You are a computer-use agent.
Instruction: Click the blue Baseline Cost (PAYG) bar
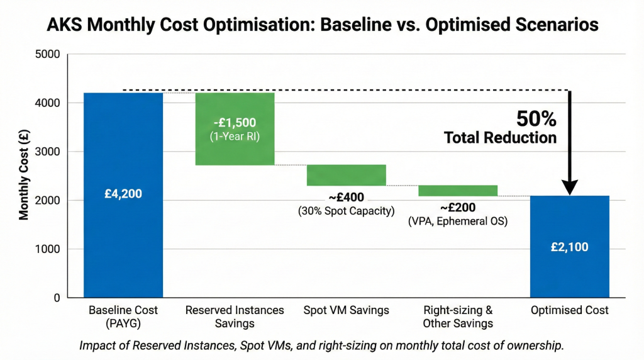(123, 239)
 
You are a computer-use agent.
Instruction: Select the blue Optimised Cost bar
(570, 277)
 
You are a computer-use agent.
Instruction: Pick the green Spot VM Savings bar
(346, 175)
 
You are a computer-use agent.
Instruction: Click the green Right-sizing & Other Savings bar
(458, 191)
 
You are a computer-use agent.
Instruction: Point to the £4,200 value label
(123, 194)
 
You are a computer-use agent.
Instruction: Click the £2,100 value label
(570, 247)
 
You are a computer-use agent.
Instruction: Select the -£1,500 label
(235, 123)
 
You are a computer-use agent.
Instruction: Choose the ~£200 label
(457, 208)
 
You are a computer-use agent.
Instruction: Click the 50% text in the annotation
(536, 118)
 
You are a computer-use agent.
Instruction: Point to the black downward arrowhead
(570, 187)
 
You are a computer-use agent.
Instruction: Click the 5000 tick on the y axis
(48, 54)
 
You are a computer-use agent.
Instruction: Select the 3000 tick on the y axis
(48, 152)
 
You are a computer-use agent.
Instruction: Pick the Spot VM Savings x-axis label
(346, 311)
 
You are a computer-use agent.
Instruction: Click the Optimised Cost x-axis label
(570, 311)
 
